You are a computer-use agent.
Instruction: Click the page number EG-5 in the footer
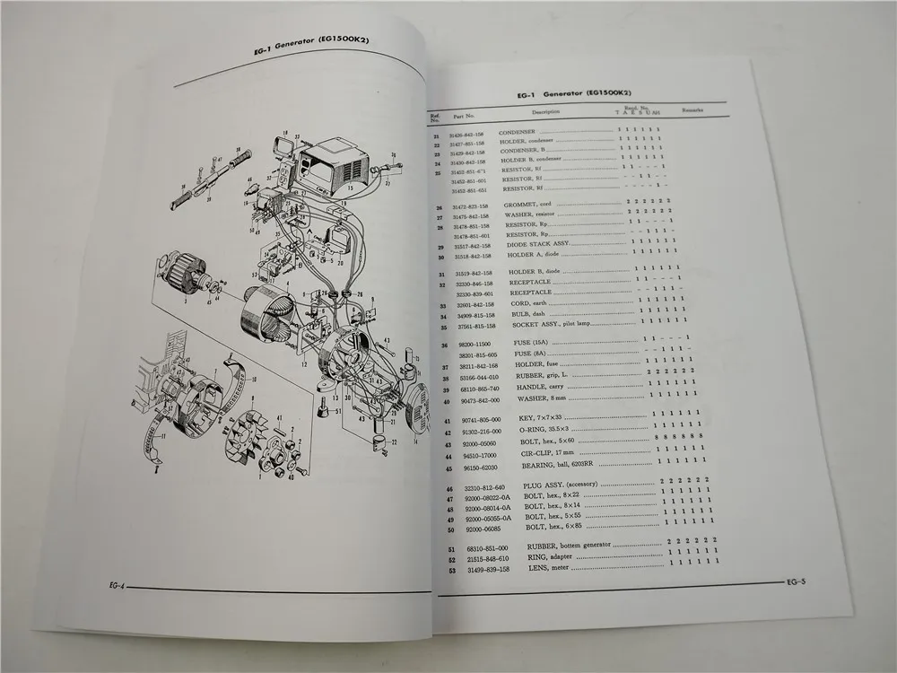[796, 582]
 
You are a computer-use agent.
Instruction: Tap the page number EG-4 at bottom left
[113, 584]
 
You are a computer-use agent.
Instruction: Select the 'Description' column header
[544, 113]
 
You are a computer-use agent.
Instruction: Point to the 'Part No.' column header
[464, 115]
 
